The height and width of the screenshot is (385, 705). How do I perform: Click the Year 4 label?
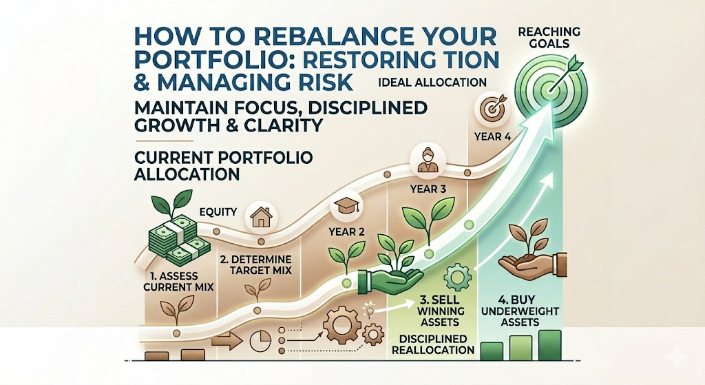492,136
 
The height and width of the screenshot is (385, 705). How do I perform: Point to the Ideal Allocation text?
433,83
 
